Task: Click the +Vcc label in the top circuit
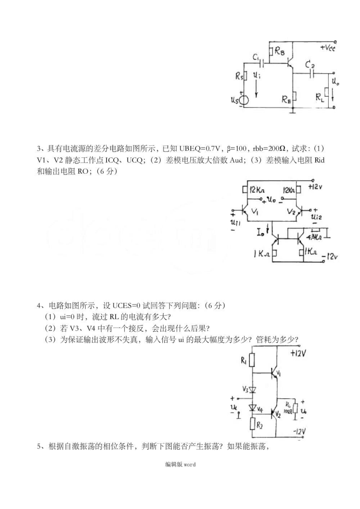pyautogui.click(x=327, y=48)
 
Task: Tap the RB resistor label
pyautogui.click(x=279, y=53)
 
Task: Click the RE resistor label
pyautogui.click(x=286, y=99)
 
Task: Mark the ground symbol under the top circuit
pyautogui.click(x=294, y=111)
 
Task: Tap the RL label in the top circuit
pyautogui.click(x=320, y=96)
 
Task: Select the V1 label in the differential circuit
pyautogui.click(x=254, y=212)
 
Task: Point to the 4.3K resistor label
pyautogui.click(x=314, y=236)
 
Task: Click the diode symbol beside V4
pyautogui.click(x=253, y=408)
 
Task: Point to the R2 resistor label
pyautogui.click(x=260, y=426)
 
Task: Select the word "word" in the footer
pyautogui.click(x=190, y=465)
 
